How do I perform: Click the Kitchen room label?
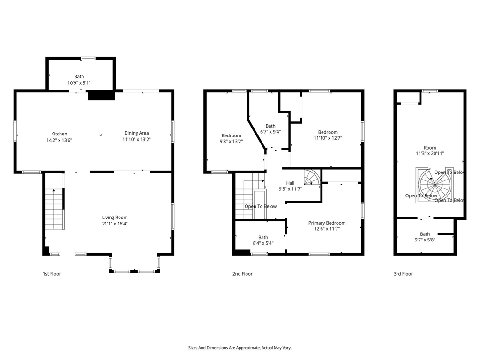59,134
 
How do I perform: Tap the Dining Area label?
136,133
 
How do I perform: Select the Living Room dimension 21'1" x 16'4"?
115,224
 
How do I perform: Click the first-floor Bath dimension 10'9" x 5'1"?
79,82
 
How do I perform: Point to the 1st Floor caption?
52,274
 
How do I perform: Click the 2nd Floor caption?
242,274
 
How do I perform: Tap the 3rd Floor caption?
403,274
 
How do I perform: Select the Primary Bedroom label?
327,223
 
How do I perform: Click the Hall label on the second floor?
291,183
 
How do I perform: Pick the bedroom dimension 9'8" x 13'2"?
231,142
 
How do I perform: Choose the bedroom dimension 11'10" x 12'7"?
328,138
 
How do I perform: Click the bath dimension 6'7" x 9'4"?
270,132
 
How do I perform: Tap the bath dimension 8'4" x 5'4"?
263,243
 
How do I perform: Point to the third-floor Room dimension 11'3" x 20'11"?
430,153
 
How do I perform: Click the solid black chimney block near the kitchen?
101,95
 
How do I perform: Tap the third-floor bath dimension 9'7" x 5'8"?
425,240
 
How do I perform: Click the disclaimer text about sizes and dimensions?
240,348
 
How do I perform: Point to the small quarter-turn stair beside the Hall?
312,178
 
